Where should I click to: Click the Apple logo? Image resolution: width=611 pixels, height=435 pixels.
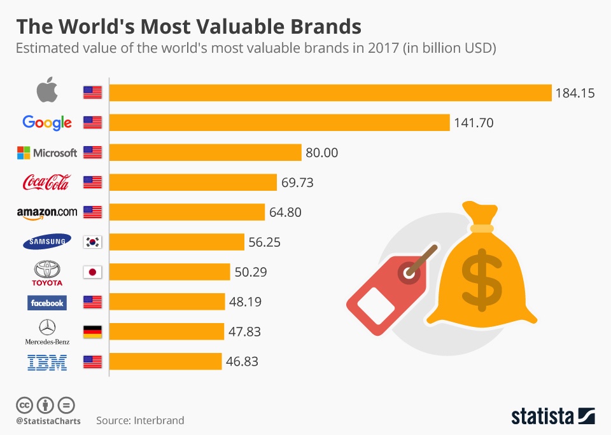click(47, 92)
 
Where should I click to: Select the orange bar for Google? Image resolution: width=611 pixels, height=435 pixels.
click(279, 123)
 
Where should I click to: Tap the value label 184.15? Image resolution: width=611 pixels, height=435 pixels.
click(575, 93)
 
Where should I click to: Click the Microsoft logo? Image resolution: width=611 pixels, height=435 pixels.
click(47, 153)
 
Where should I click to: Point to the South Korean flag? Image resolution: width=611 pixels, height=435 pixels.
click(92, 242)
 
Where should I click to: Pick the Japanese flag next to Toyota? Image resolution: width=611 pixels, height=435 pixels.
click(92, 272)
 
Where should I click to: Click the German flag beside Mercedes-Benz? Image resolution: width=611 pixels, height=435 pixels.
click(92, 332)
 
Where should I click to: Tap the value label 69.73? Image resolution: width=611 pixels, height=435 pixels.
click(297, 183)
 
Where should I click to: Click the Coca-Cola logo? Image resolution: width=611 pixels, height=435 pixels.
click(47, 183)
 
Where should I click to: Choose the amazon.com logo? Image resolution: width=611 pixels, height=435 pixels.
click(47, 212)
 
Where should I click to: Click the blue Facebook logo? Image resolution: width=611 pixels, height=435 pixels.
click(47, 303)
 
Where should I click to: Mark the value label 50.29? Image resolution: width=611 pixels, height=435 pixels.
click(250, 272)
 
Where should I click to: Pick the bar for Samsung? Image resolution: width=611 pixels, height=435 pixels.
click(177, 242)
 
